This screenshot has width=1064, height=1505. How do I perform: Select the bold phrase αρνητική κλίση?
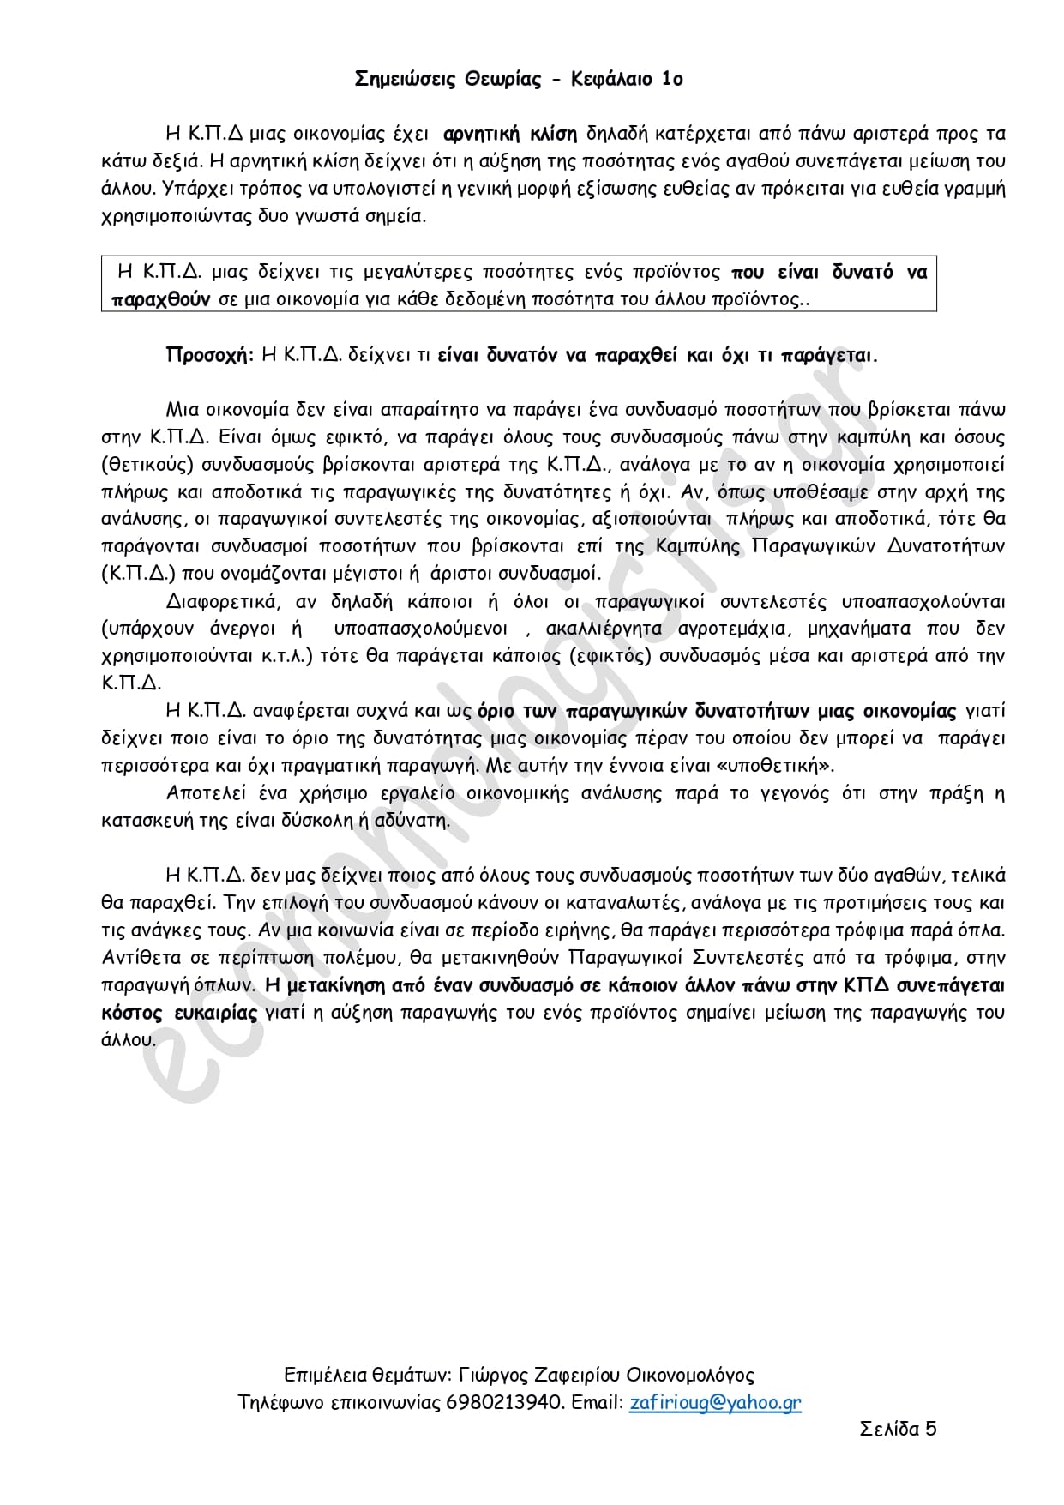click(510, 134)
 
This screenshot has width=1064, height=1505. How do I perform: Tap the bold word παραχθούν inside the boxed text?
click(161, 299)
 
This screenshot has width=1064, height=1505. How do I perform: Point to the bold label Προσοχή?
click(209, 355)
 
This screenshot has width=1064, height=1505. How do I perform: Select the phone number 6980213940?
click(506, 1403)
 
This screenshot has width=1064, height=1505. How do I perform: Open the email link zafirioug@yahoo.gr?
click(715, 1403)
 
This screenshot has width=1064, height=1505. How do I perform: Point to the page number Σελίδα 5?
click(898, 1429)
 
